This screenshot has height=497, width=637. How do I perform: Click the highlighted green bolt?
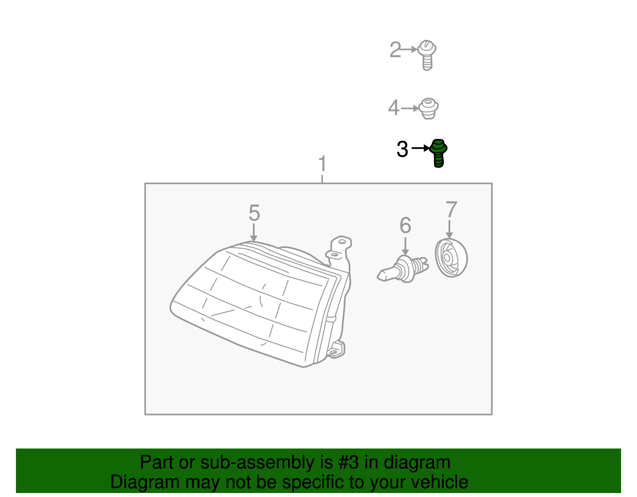click(438, 153)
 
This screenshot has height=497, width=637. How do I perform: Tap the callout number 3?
click(402, 149)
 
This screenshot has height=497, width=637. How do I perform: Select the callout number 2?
click(395, 50)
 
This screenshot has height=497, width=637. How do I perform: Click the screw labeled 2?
click(427, 55)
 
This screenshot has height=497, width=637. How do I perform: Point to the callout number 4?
click(394, 107)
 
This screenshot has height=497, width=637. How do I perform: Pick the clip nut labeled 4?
click(428, 109)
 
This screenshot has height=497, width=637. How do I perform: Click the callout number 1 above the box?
click(322, 164)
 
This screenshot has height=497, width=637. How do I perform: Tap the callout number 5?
click(254, 213)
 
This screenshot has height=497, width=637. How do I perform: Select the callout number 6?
click(405, 225)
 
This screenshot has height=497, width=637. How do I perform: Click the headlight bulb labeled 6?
click(403, 269)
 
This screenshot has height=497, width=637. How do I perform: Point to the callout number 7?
click(451, 209)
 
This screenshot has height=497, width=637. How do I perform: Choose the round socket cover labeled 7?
click(451, 258)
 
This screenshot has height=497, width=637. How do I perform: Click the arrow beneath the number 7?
click(449, 229)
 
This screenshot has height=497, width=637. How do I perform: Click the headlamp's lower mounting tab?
click(336, 350)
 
